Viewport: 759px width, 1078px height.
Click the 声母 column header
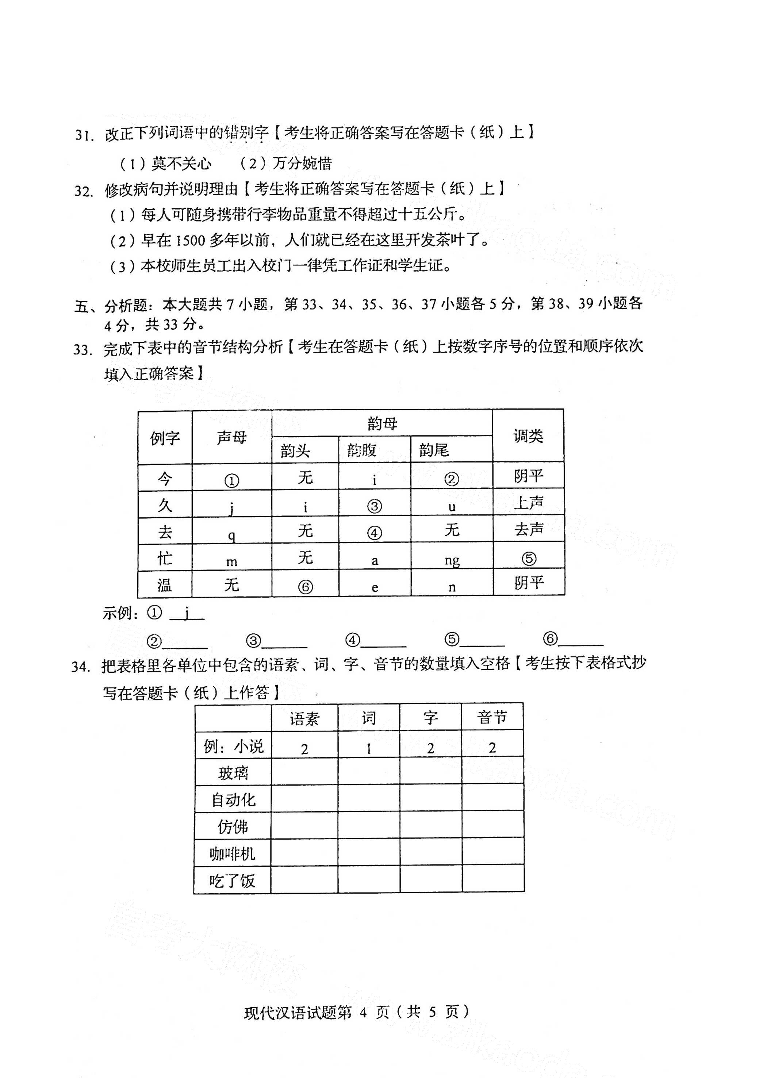231,438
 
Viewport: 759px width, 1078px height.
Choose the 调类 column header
528,436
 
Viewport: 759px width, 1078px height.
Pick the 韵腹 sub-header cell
362,450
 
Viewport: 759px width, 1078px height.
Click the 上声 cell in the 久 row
528,503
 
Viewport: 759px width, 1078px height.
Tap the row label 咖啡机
233,853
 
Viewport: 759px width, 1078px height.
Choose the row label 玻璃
233,773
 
